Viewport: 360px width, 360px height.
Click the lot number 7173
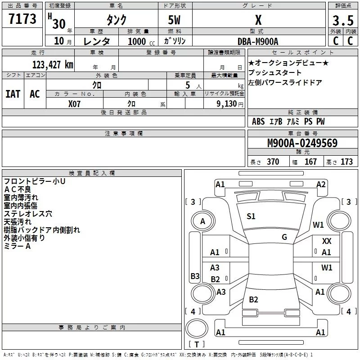click(22, 19)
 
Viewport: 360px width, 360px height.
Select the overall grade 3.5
click(342, 21)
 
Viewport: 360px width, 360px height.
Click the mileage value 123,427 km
click(53, 64)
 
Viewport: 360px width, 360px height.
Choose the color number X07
click(74, 104)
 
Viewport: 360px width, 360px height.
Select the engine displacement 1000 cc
click(138, 41)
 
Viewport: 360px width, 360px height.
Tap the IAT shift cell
click(13, 94)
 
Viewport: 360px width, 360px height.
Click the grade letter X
click(258, 20)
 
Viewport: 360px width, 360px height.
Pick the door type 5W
click(175, 20)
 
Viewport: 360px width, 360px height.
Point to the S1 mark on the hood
click(251, 216)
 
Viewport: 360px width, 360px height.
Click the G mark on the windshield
click(284, 237)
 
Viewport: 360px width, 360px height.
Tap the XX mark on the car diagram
click(327, 242)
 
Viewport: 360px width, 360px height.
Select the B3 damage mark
click(195, 276)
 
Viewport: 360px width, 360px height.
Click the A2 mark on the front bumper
click(321, 184)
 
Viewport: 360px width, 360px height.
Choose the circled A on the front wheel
click(202, 221)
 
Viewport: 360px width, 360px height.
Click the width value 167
click(310, 162)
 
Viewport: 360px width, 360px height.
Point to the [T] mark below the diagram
click(198, 345)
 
